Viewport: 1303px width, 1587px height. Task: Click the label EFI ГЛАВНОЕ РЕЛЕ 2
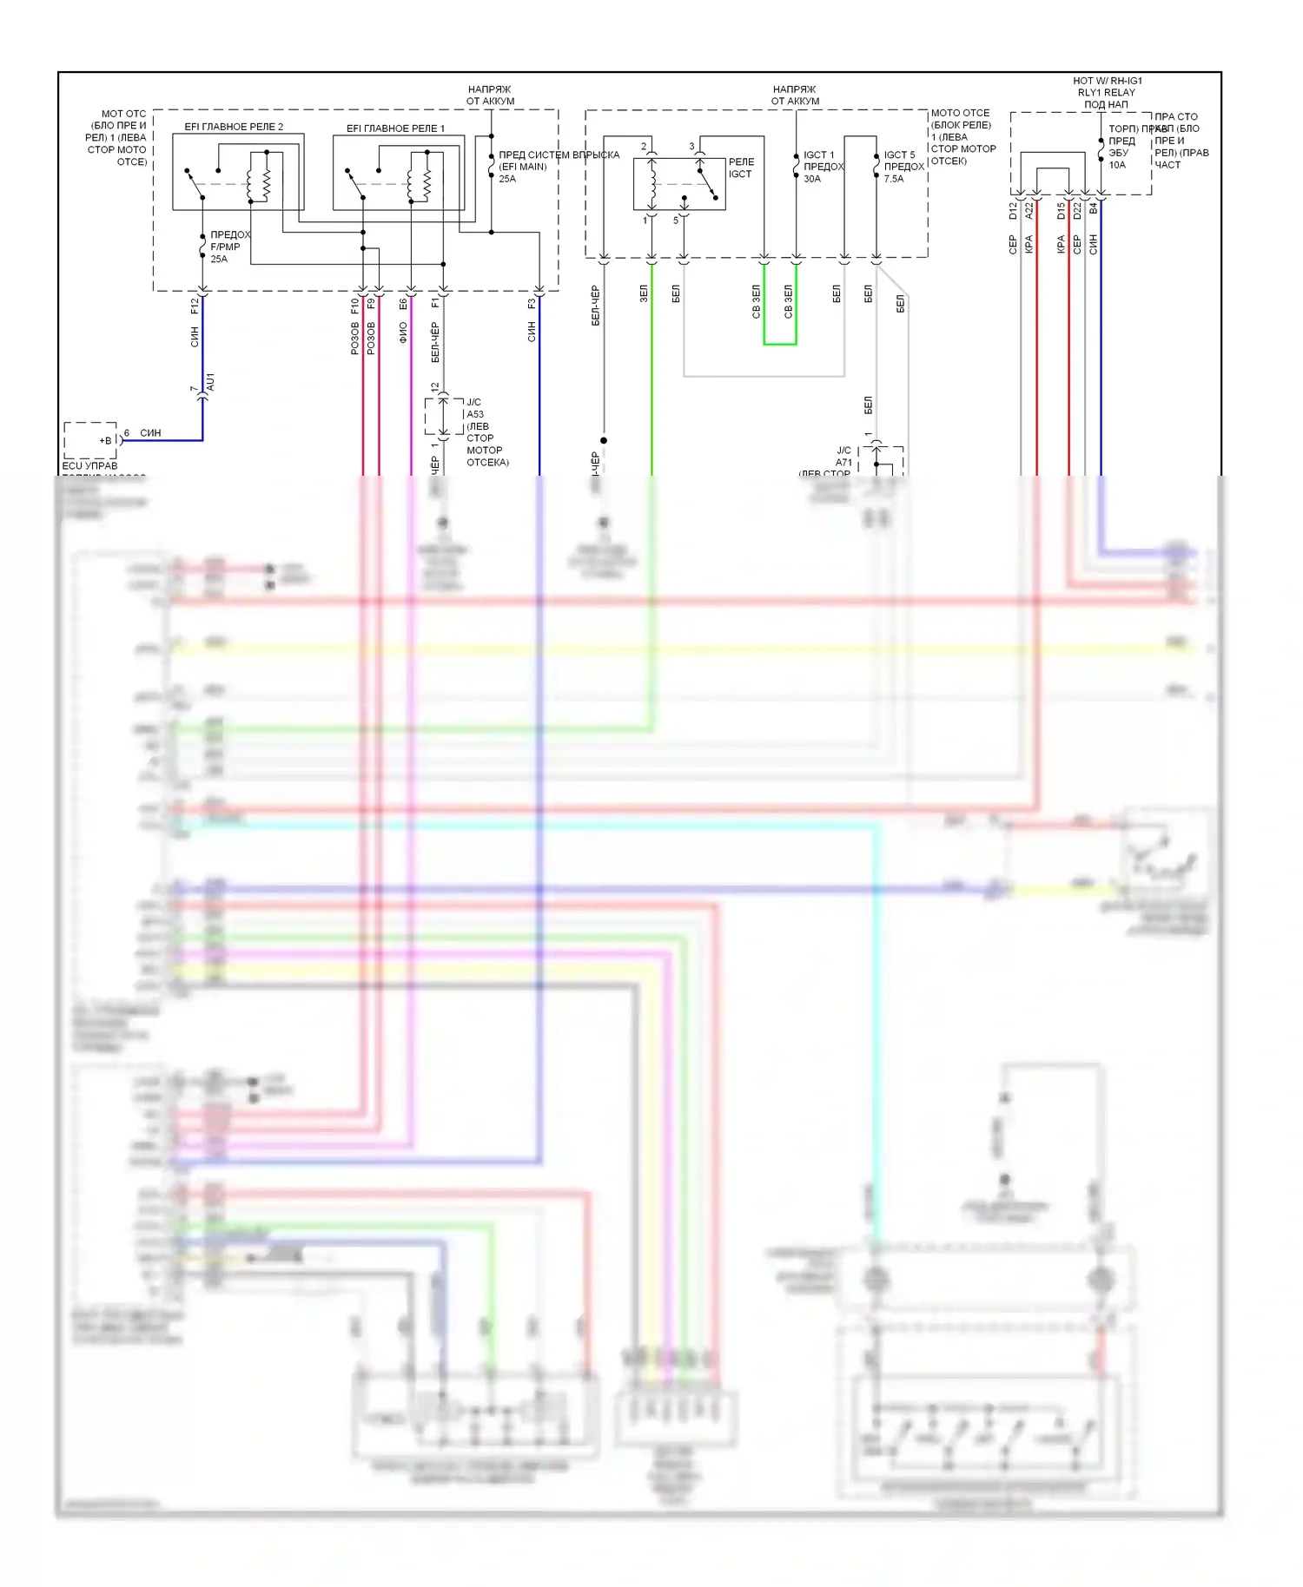[x=234, y=127]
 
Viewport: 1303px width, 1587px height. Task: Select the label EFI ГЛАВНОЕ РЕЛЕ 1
[x=395, y=128]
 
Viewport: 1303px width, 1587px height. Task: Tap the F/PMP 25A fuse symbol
[x=202, y=247]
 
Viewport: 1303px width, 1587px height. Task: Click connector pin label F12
[x=195, y=306]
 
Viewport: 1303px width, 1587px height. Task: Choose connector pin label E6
[x=403, y=304]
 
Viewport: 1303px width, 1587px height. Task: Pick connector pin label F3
[x=532, y=304]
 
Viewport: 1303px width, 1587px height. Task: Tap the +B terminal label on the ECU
[x=106, y=440]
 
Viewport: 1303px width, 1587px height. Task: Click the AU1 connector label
[x=210, y=381]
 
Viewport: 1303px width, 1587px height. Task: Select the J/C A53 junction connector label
[x=474, y=408]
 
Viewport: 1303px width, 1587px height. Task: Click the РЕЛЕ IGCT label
[x=741, y=168]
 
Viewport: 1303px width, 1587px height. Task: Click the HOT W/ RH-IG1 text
[x=1108, y=81]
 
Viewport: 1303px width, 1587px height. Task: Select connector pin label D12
[x=1013, y=211]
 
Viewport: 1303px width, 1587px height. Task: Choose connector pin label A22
[x=1029, y=211]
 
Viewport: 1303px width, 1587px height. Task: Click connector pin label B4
[x=1094, y=209]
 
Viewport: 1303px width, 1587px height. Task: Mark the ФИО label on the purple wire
[x=403, y=333]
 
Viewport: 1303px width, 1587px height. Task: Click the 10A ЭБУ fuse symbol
[x=1101, y=152]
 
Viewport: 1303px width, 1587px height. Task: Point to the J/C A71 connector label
[x=843, y=457]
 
